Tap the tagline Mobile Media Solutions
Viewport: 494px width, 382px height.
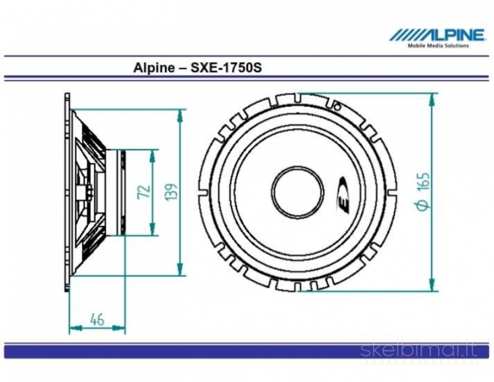click(438, 45)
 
